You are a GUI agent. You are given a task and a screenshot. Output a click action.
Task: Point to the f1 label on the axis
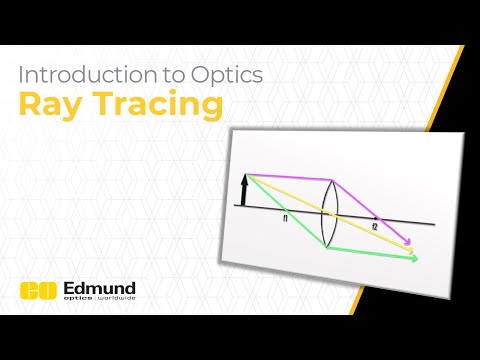click(x=286, y=215)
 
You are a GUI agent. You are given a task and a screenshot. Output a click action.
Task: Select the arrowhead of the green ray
click(x=414, y=258)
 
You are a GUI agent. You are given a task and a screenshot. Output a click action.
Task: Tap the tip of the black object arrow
click(x=245, y=176)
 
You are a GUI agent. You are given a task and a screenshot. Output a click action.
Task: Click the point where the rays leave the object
click(x=247, y=176)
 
